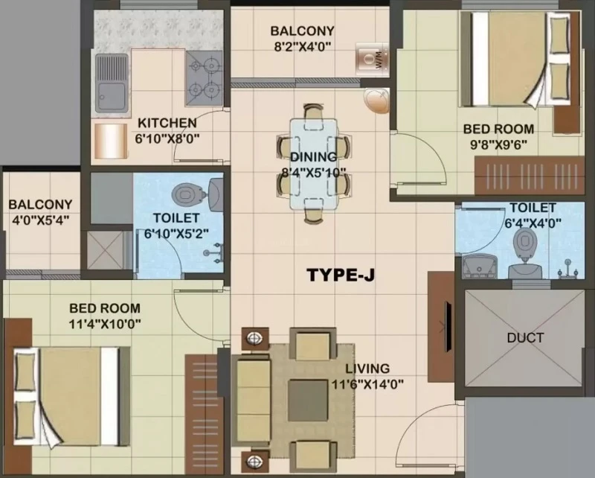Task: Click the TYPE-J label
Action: coord(341,275)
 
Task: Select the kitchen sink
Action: coord(111,83)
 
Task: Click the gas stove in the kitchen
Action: coord(204,78)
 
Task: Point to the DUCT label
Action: coord(525,337)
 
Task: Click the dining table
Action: coord(313,164)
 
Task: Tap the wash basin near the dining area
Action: coord(376,101)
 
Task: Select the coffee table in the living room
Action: coord(307,401)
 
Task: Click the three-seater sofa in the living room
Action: coord(251,400)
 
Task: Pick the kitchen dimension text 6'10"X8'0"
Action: coord(167,138)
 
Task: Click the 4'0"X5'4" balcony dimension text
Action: coord(40,220)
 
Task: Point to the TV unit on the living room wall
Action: coord(441,327)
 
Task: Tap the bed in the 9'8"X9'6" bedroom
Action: coord(521,58)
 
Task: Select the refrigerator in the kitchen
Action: coord(111,141)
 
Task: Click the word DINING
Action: coord(313,156)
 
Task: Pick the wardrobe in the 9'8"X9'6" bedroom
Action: coord(530,176)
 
